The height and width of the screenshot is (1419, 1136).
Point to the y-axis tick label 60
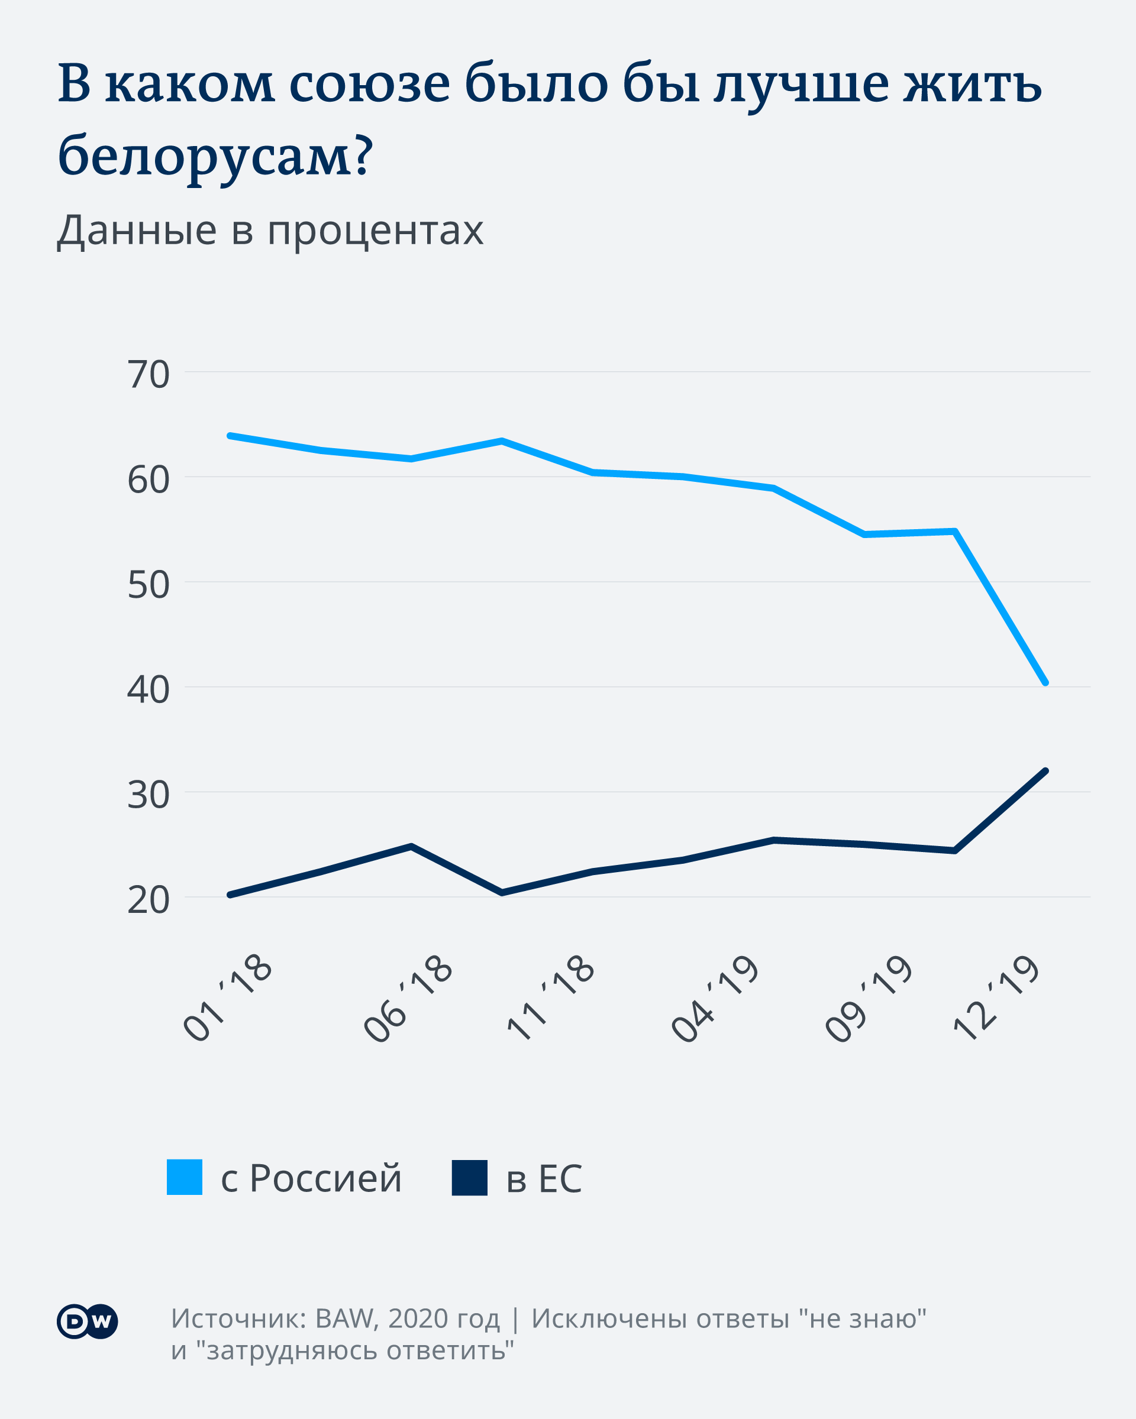coord(148,480)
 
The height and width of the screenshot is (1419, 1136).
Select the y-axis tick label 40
coord(148,690)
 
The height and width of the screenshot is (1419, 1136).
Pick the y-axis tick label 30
coord(148,795)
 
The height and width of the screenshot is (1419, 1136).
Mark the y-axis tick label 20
coord(148,900)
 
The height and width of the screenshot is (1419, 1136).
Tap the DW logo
coord(87,1321)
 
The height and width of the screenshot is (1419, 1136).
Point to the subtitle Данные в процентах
coord(270,231)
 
